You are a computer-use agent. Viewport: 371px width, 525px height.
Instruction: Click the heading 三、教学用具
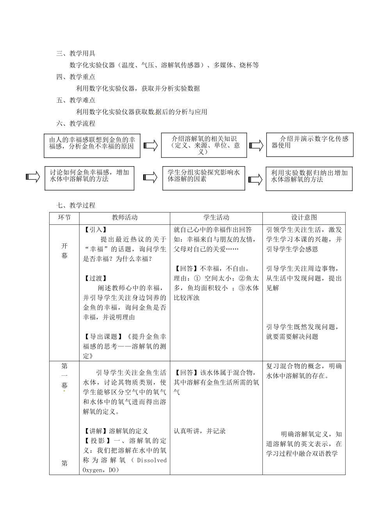76,54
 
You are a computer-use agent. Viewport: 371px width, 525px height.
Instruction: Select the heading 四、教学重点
76,77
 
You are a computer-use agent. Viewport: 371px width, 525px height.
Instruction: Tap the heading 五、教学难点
76,100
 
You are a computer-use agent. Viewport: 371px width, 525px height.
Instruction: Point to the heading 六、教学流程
76,124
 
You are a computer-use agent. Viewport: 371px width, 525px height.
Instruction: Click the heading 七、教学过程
76,205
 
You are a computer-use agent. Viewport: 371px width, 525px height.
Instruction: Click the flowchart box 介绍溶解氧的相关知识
204,145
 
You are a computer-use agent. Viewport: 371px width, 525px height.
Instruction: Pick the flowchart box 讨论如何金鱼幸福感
89,178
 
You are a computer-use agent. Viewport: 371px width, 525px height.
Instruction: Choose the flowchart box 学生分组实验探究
203,178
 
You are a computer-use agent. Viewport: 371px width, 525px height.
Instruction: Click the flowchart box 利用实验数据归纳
309,179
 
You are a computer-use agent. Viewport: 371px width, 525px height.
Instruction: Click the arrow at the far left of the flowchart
33,177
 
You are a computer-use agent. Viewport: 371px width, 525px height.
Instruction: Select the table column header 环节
64,218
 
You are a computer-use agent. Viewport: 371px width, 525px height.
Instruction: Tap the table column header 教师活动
125,218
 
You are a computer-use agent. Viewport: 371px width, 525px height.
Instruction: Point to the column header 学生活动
216,218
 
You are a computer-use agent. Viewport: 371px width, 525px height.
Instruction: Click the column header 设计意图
304,218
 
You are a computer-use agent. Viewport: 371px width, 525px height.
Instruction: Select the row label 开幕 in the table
64,250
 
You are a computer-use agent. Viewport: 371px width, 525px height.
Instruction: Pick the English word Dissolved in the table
152,460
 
